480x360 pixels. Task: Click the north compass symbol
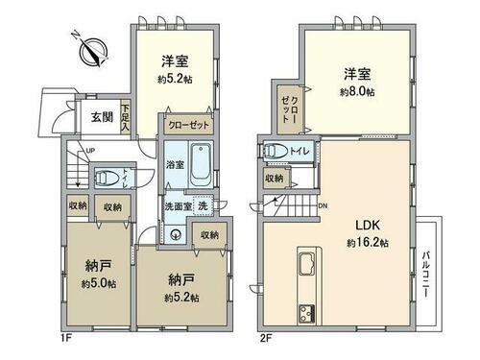click(94, 52)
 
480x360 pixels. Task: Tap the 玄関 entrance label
click(102, 117)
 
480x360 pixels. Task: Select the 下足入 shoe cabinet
click(125, 117)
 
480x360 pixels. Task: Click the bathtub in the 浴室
click(201, 166)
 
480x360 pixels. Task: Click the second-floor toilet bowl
click(276, 151)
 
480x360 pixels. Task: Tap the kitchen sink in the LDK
click(308, 263)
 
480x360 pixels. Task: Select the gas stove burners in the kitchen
click(306, 313)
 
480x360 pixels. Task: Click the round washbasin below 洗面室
click(175, 235)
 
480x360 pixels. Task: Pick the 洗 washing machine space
click(203, 205)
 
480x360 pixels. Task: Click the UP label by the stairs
click(90, 151)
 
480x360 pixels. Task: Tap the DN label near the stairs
click(323, 206)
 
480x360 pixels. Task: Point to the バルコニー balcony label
click(426, 275)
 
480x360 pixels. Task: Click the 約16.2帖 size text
click(368, 243)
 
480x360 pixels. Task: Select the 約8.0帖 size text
click(357, 92)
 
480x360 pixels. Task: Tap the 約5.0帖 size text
click(99, 283)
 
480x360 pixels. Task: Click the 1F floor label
click(65, 338)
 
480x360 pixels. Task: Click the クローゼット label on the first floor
click(188, 125)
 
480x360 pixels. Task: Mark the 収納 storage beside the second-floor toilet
click(275, 179)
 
